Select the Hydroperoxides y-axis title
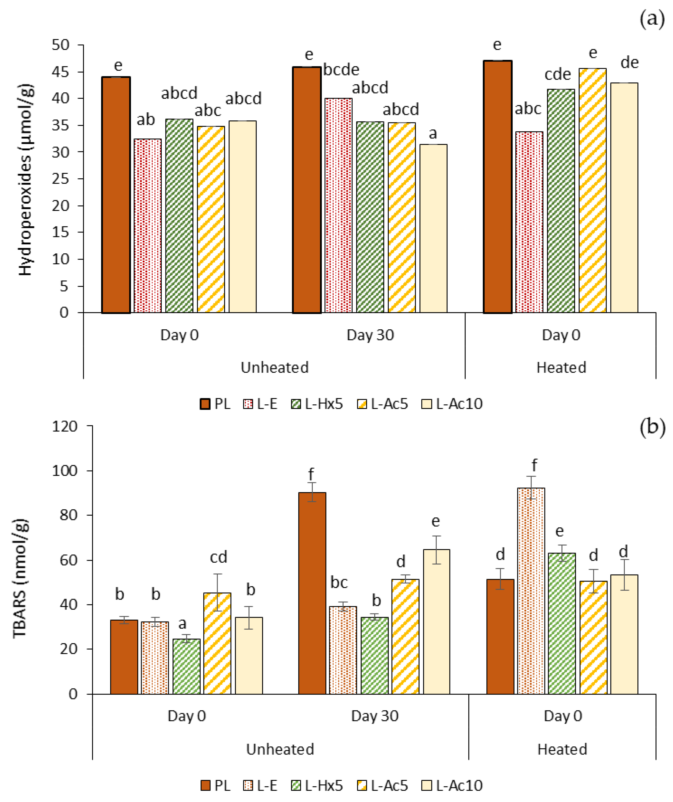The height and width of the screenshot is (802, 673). coord(26,180)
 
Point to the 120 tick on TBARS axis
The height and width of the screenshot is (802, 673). coord(65,426)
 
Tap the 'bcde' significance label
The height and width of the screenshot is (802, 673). coord(341,70)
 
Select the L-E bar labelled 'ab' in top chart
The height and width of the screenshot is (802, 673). coord(147,225)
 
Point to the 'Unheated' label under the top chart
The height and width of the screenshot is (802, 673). coord(274,367)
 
